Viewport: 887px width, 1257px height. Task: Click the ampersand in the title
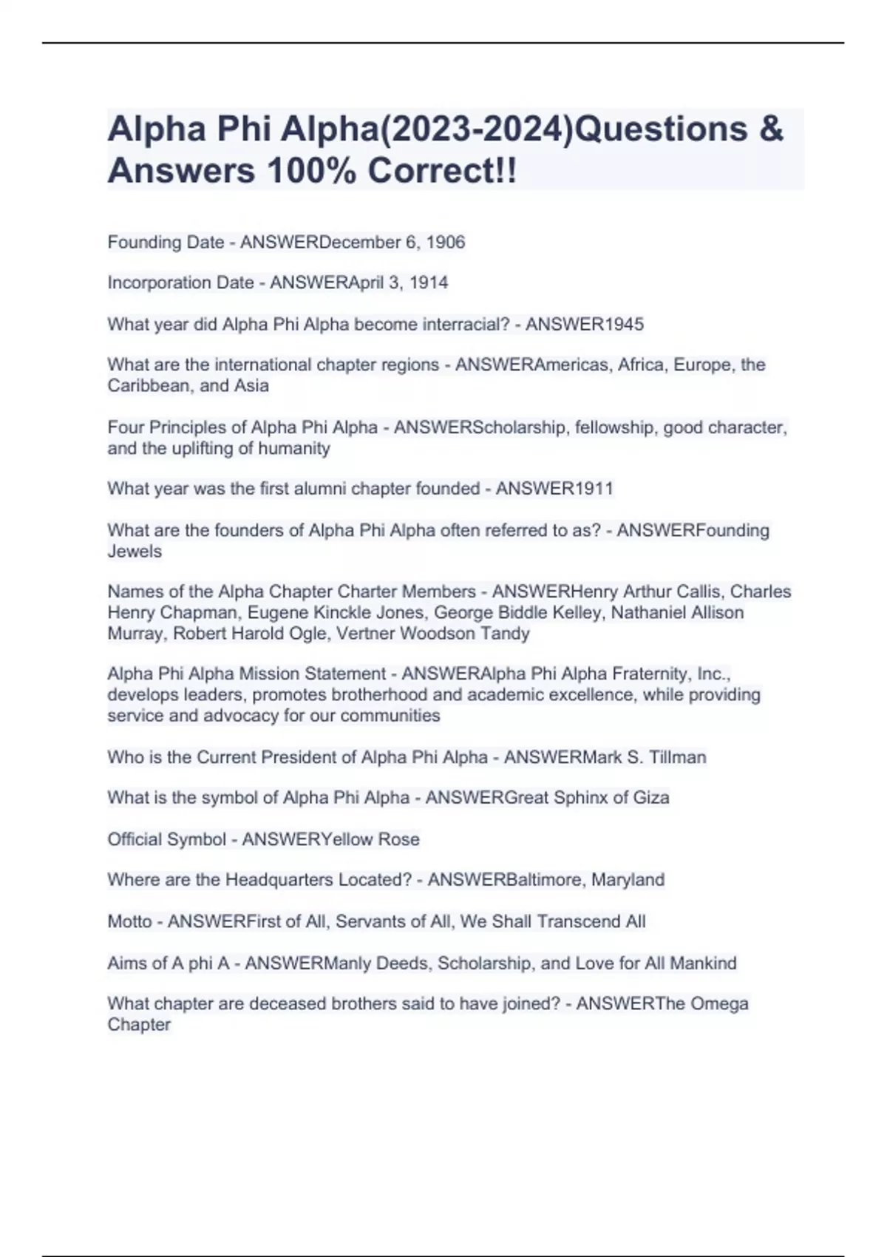point(770,129)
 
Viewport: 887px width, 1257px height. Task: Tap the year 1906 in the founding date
point(446,243)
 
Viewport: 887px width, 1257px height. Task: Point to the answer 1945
point(624,324)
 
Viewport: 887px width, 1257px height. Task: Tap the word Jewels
point(135,551)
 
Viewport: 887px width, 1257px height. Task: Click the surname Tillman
point(678,757)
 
